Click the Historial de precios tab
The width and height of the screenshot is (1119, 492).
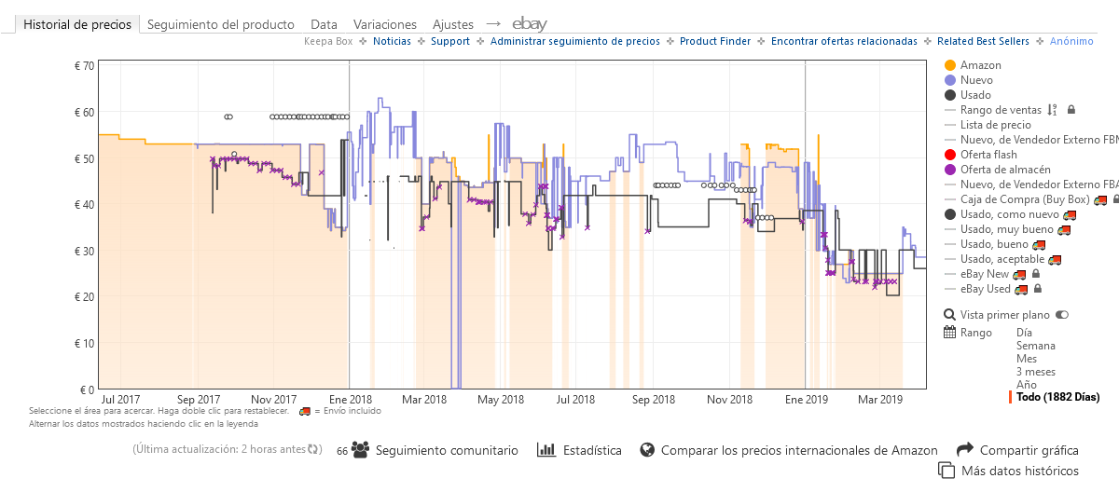(78, 24)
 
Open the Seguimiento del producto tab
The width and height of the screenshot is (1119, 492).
(220, 24)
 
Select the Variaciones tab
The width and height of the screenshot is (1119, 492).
(384, 24)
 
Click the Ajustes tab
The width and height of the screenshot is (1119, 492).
(452, 24)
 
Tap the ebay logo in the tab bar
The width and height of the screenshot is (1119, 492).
(529, 24)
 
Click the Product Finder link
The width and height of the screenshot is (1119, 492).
(714, 41)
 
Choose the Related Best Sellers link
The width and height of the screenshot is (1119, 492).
(983, 41)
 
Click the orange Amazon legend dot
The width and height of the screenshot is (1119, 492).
(950, 65)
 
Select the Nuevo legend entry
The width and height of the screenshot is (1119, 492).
(976, 80)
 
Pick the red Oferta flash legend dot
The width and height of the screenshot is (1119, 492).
(950, 155)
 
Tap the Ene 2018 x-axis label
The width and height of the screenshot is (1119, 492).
(348, 400)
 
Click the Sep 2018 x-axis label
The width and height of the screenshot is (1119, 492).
(653, 400)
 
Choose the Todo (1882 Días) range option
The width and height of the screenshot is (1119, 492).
(1057, 397)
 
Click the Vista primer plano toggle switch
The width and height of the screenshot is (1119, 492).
(1062, 315)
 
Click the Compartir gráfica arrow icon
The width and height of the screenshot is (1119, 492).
(964, 450)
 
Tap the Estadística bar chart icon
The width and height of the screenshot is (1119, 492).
(546, 450)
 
